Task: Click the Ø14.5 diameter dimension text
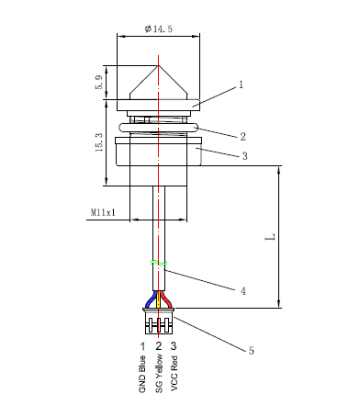(159, 28)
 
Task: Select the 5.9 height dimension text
(99, 83)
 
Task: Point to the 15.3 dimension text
(99, 142)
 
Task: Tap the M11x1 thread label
(103, 212)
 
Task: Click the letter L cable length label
(270, 237)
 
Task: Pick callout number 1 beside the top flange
(241, 85)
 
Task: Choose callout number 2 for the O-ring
(242, 137)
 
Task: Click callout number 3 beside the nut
(244, 156)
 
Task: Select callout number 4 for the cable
(243, 291)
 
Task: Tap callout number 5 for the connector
(251, 350)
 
